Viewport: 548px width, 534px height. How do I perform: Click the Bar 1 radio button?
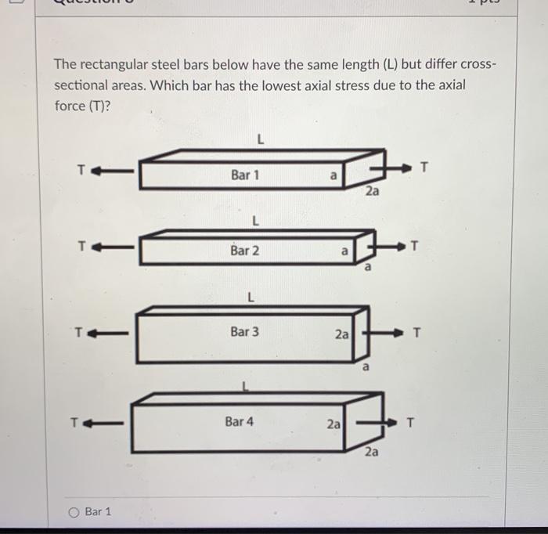[74, 512]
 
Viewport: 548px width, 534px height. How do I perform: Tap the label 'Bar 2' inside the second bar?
[245, 251]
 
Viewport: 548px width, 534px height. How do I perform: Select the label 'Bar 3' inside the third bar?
[244, 332]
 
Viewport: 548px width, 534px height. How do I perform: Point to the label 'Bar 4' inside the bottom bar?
[240, 421]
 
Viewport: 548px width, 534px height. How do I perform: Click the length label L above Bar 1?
[259, 141]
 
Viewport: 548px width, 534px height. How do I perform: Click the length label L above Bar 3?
[250, 298]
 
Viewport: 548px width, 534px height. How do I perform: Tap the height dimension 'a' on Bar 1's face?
[333, 177]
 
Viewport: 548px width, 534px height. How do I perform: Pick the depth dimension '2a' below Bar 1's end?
[373, 191]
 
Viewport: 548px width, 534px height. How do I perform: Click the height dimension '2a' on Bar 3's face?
[341, 334]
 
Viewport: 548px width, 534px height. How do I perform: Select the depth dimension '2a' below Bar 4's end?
[372, 452]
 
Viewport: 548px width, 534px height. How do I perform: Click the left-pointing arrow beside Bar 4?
[106, 424]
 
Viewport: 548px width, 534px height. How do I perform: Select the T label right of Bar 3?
[416, 333]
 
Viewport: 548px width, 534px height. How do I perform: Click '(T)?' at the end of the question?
[95, 106]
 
